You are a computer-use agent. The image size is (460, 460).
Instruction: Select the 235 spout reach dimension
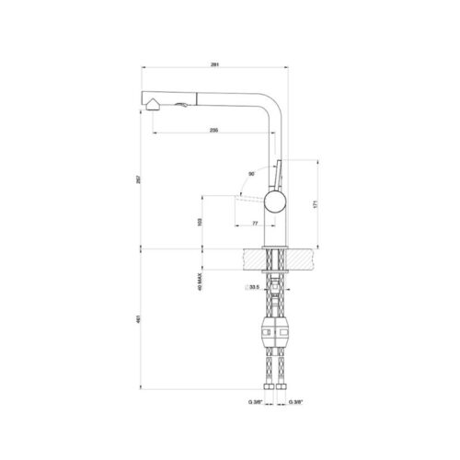[213, 130]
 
